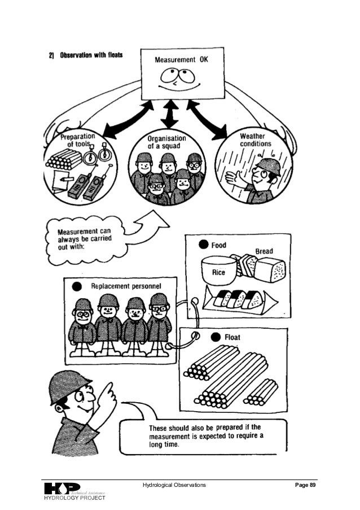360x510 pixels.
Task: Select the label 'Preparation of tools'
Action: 77,140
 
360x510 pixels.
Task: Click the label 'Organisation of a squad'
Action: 167,141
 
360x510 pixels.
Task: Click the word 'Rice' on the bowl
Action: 218,272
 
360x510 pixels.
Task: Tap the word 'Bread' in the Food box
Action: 264,251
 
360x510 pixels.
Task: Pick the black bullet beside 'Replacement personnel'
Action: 77,286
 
